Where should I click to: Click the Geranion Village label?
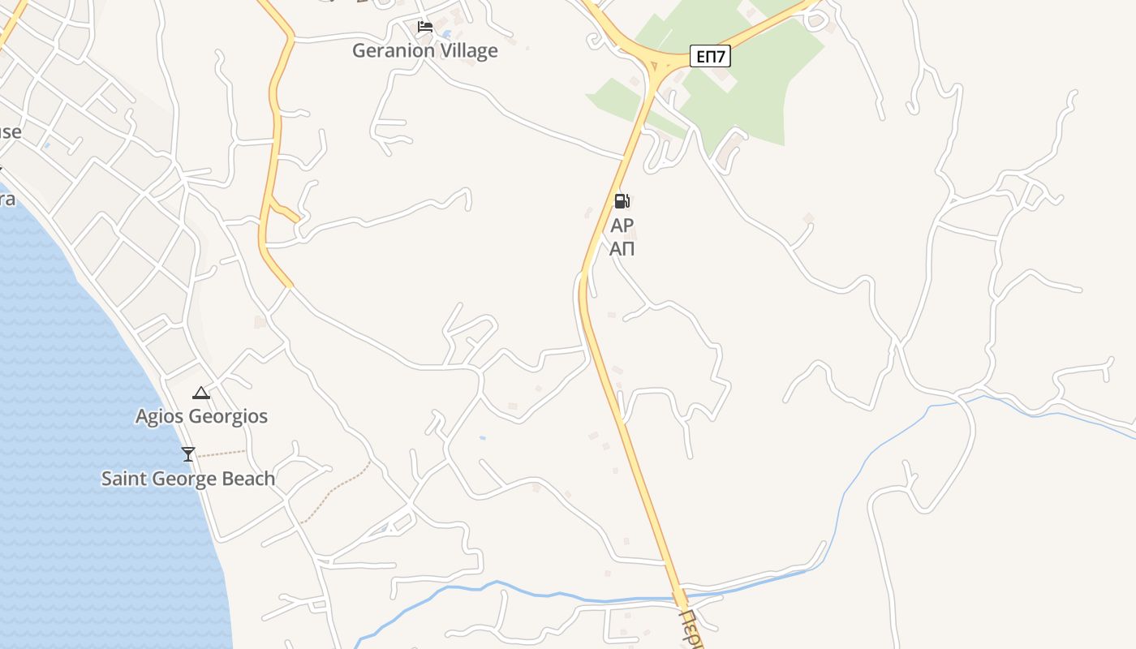[x=424, y=50]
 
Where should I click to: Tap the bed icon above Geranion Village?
[x=424, y=27]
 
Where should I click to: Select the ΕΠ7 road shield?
[x=711, y=56]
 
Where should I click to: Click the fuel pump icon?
[x=622, y=201]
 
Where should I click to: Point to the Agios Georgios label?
[x=201, y=416]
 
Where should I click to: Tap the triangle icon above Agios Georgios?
[x=200, y=393]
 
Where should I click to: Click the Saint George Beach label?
[x=188, y=479]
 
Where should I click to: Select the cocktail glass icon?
[x=188, y=454]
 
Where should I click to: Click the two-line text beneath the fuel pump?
[x=622, y=237]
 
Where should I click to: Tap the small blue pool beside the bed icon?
[x=445, y=34]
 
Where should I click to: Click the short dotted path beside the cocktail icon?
[x=222, y=453]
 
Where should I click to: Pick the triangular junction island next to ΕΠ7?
[x=654, y=66]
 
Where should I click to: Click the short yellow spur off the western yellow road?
[x=285, y=212]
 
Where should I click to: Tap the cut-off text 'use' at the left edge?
[x=10, y=131]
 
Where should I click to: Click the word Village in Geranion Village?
[x=465, y=50]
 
